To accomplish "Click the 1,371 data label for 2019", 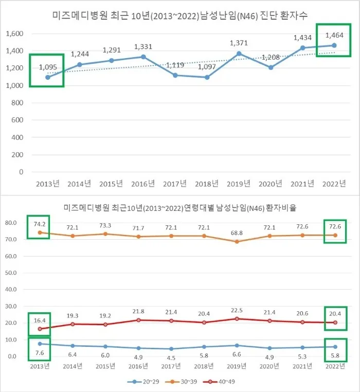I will click(239, 43).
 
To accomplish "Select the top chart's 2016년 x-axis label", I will click(142, 184).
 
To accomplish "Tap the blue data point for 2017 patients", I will click(175, 75).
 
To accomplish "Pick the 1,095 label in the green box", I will click(47, 67).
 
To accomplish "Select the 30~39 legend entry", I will click(184, 382).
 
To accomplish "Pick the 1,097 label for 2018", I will click(207, 67).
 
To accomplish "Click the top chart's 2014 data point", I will click(80, 65).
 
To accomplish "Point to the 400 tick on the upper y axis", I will click(17, 137).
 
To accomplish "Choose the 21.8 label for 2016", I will click(143, 310).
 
